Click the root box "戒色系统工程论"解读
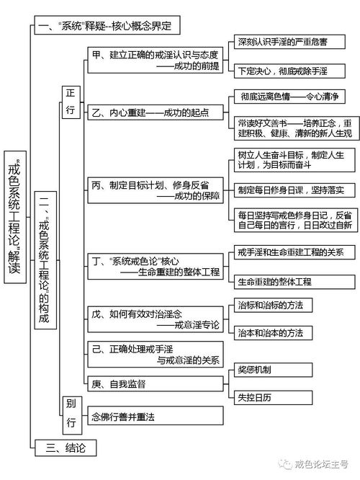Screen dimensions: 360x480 pos(15,217)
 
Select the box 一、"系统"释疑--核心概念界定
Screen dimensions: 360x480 pos(107,25)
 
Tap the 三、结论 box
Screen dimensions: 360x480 pos(66,448)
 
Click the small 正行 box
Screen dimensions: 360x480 pos(71,102)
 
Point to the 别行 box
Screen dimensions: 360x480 pos(72,415)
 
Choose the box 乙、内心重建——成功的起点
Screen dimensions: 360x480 pos(156,112)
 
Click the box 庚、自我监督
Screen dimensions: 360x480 pos(156,383)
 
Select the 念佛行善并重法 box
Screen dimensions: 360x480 pos(156,416)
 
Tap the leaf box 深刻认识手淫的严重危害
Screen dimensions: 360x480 pos(289,42)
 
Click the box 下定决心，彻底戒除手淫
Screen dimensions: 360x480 pos(289,71)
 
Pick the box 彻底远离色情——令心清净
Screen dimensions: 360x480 pos(289,97)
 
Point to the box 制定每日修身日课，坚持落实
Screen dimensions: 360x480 pos(294,190)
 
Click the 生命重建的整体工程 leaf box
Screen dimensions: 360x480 pos(294,282)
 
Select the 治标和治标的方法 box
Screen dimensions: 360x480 pos(273,305)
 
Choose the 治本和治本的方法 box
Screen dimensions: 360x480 pos(273,333)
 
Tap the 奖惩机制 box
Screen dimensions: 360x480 pos(273,370)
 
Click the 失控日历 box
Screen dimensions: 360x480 pos(273,398)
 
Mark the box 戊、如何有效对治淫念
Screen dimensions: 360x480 pos(156,319)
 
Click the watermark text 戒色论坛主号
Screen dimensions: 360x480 pos(321,464)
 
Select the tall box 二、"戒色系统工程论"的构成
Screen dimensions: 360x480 pos(45,260)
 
